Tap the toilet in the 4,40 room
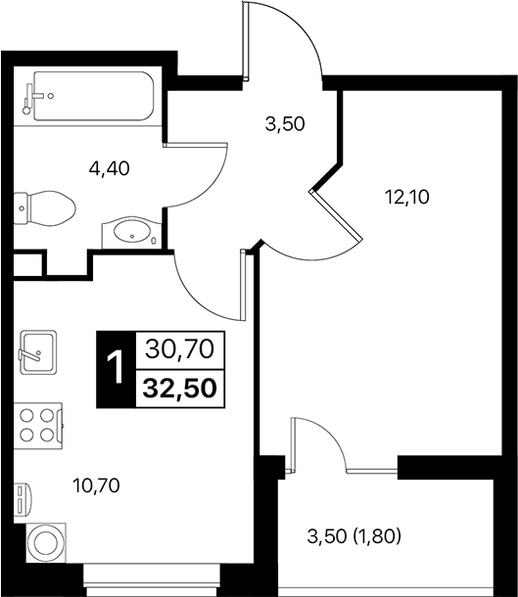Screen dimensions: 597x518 (46, 207)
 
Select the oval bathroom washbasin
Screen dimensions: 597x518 (128, 233)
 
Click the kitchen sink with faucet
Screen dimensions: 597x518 (38, 349)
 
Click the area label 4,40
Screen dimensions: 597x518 (110, 167)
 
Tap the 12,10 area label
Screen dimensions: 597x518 (406, 195)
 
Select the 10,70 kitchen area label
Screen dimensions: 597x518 (98, 482)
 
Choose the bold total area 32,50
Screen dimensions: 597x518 (180, 386)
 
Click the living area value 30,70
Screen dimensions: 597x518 (180, 347)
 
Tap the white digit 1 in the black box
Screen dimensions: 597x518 (116, 369)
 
